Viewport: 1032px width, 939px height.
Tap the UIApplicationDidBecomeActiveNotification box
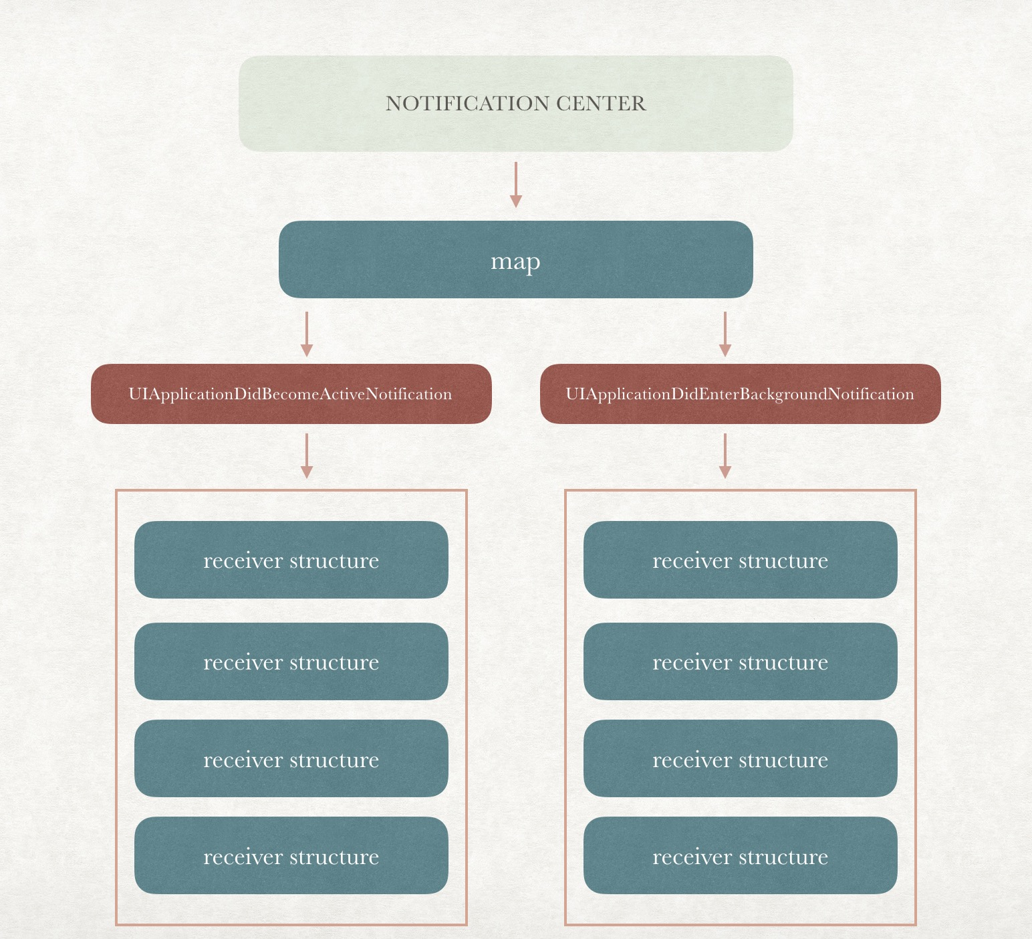pos(291,394)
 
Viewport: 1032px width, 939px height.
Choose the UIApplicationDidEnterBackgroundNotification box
pos(740,394)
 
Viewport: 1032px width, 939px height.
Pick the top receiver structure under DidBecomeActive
pos(291,560)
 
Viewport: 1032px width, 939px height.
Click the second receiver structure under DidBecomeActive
pos(291,661)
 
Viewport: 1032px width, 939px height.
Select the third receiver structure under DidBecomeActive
pos(291,758)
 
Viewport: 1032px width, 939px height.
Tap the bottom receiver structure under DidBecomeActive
pos(291,855)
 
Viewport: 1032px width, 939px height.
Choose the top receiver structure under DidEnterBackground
pos(740,560)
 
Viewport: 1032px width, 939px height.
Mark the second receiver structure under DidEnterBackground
pos(740,661)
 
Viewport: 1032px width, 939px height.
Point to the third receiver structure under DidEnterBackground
pos(740,758)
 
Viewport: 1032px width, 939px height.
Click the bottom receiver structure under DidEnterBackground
pos(740,855)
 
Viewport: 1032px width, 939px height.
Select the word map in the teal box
pos(515,261)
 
